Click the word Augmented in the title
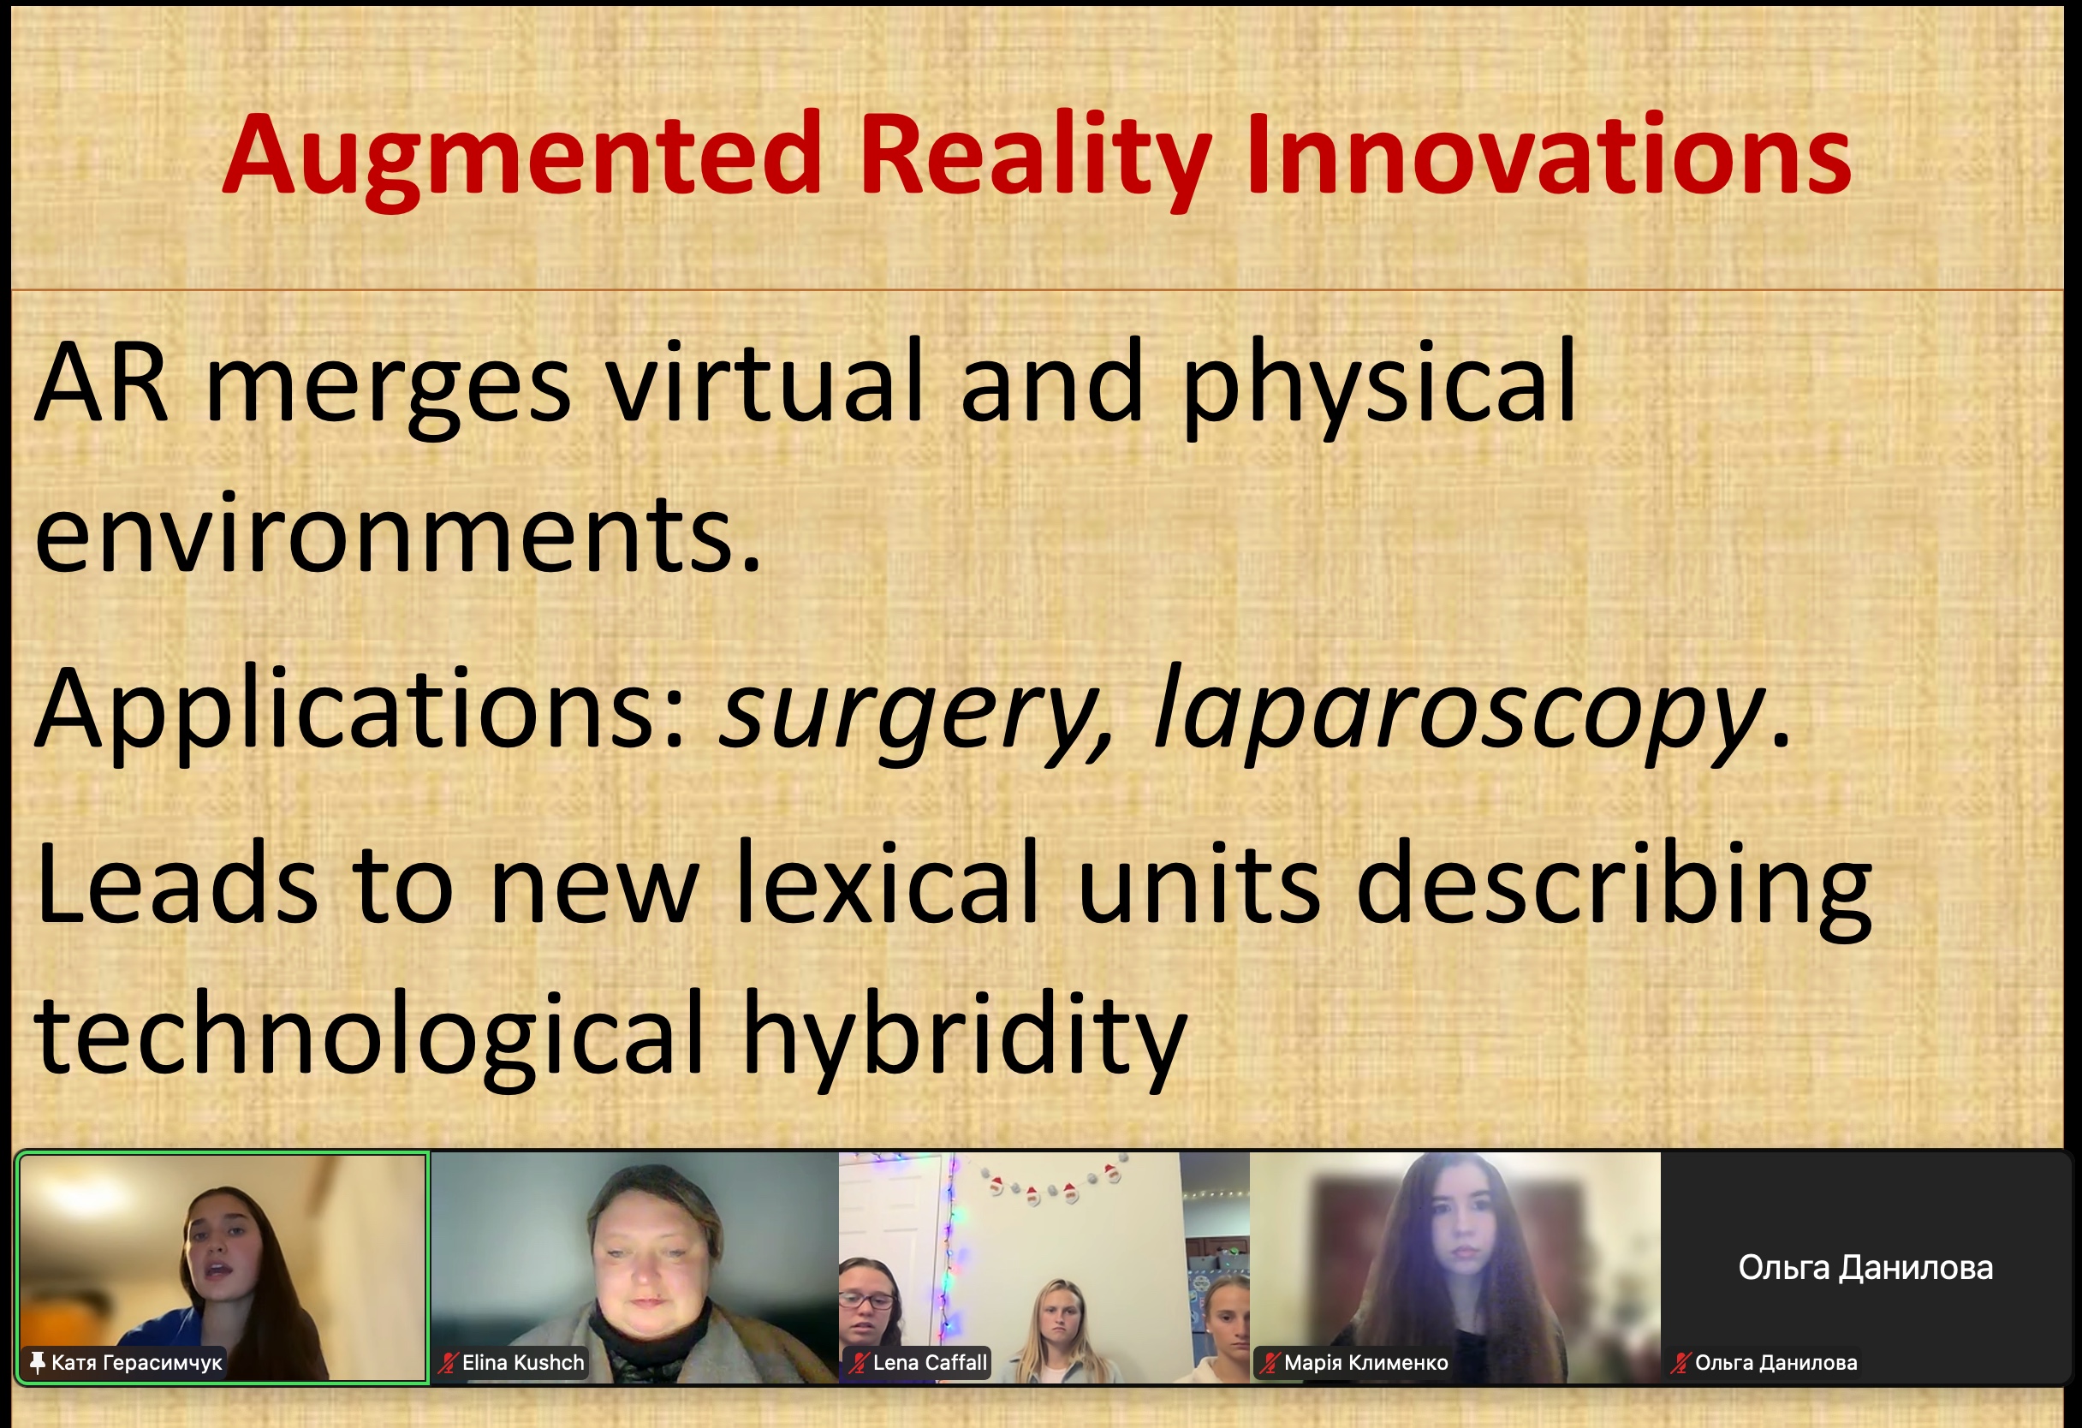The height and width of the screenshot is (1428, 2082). [522, 158]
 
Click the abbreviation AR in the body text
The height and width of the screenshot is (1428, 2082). [101, 381]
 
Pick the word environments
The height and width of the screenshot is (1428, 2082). [398, 534]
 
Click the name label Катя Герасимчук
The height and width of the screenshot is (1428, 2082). [136, 1363]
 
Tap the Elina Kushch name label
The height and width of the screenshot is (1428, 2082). [523, 1363]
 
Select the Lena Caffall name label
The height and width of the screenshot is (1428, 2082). [930, 1363]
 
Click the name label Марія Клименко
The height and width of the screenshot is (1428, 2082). [1366, 1363]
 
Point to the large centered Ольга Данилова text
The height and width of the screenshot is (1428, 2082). [1866, 1268]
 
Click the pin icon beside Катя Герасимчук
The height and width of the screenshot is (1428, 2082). [37, 1363]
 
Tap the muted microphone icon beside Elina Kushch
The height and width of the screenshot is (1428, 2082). [448, 1363]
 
